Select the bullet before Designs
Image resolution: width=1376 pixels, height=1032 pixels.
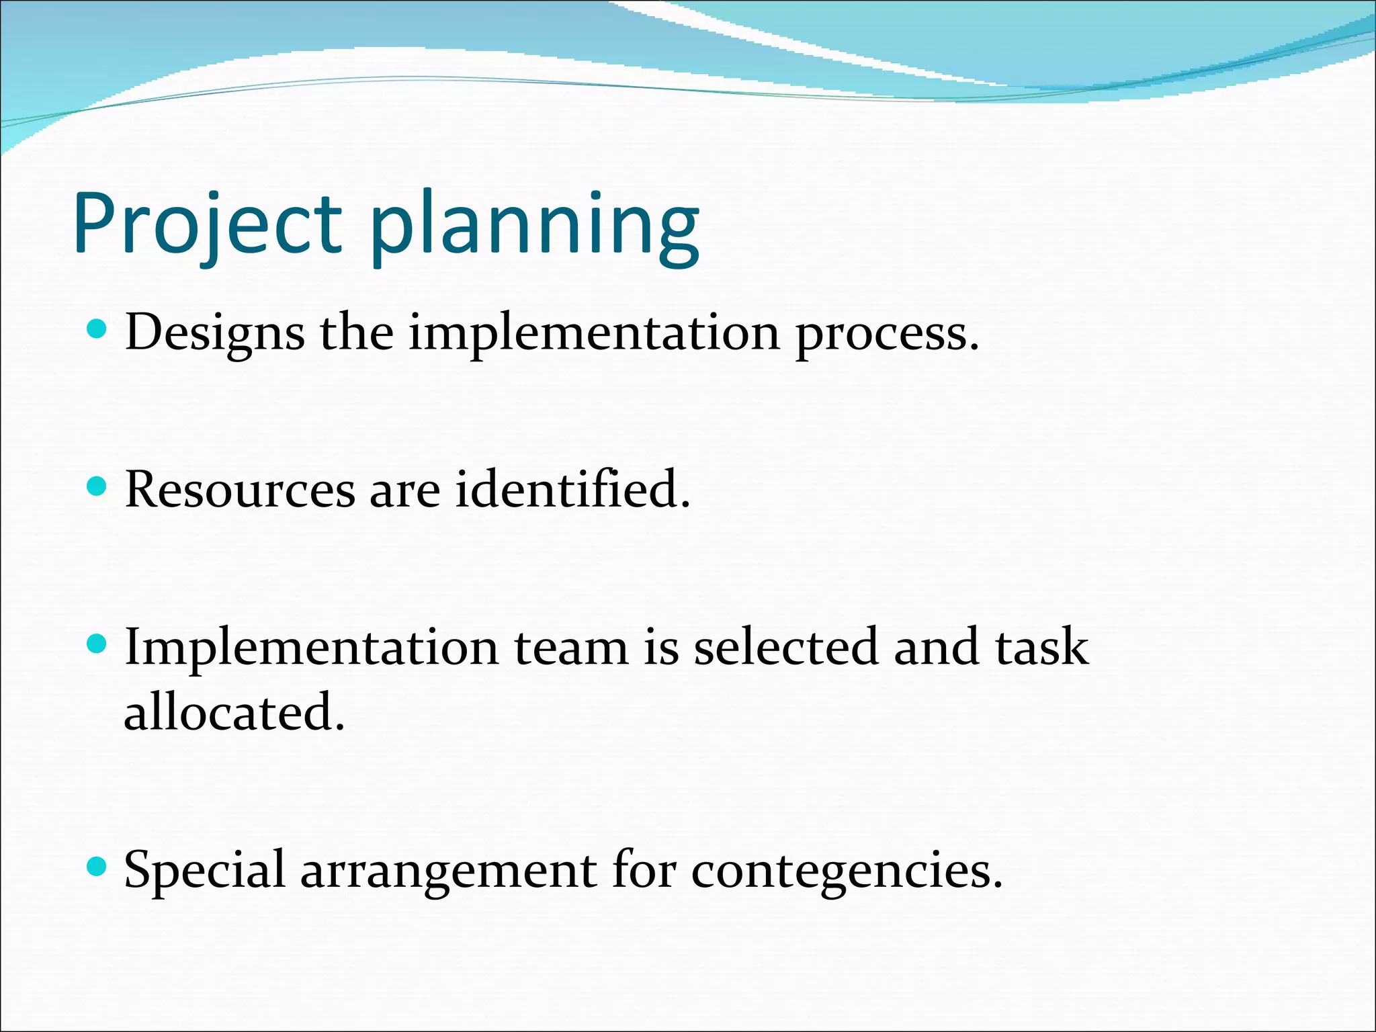[x=97, y=329]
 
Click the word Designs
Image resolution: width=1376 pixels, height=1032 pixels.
[x=214, y=333]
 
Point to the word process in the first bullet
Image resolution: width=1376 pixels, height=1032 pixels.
[x=886, y=334]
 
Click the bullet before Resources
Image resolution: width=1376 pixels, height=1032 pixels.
[x=97, y=486]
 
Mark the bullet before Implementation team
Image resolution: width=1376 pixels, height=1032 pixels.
[x=97, y=644]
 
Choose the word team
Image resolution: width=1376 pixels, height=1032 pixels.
[x=570, y=648]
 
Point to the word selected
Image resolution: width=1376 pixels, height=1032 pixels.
[x=785, y=646]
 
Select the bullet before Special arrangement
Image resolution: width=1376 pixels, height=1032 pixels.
[x=97, y=867]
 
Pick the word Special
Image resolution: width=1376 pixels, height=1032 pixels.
[x=205, y=871]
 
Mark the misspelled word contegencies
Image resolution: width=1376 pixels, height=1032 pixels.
[x=846, y=871]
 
